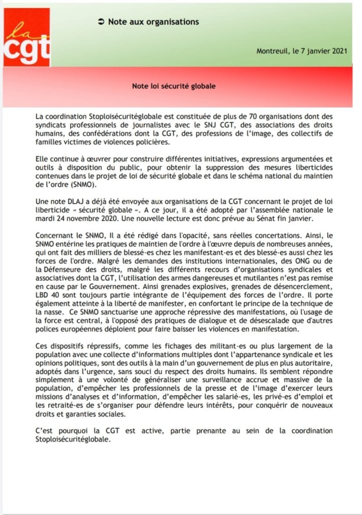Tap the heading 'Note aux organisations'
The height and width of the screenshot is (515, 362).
pyautogui.click(x=154, y=22)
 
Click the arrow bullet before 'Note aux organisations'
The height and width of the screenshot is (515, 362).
pyautogui.click(x=100, y=22)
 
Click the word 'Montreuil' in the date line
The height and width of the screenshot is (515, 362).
pyautogui.click(x=271, y=51)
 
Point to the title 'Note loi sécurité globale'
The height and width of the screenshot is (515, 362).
pyautogui.click(x=174, y=86)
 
